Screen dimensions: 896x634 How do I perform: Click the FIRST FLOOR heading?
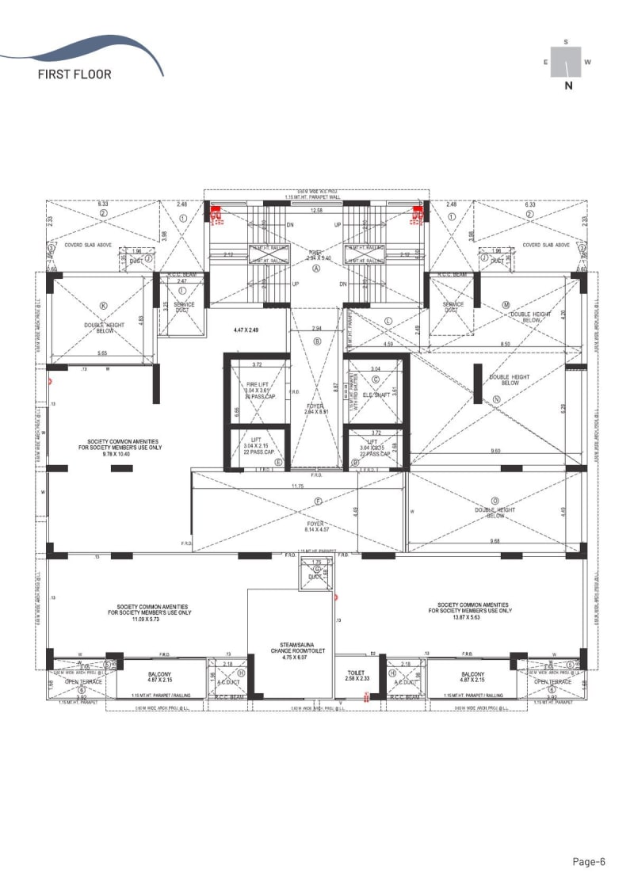(x=74, y=75)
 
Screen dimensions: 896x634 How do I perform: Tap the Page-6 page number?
(x=589, y=862)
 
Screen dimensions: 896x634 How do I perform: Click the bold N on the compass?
(x=567, y=87)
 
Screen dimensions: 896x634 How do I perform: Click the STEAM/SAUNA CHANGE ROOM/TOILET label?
(x=288, y=654)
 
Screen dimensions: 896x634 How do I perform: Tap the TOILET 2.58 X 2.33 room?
(x=357, y=675)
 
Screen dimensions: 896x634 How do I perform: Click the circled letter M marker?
(x=506, y=304)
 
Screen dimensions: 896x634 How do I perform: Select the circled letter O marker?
(x=495, y=501)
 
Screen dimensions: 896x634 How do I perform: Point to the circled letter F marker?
(x=318, y=501)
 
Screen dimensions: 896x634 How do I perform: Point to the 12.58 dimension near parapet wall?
(x=317, y=211)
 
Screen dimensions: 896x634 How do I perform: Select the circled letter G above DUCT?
(x=318, y=569)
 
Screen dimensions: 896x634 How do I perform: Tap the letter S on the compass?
(x=566, y=41)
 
